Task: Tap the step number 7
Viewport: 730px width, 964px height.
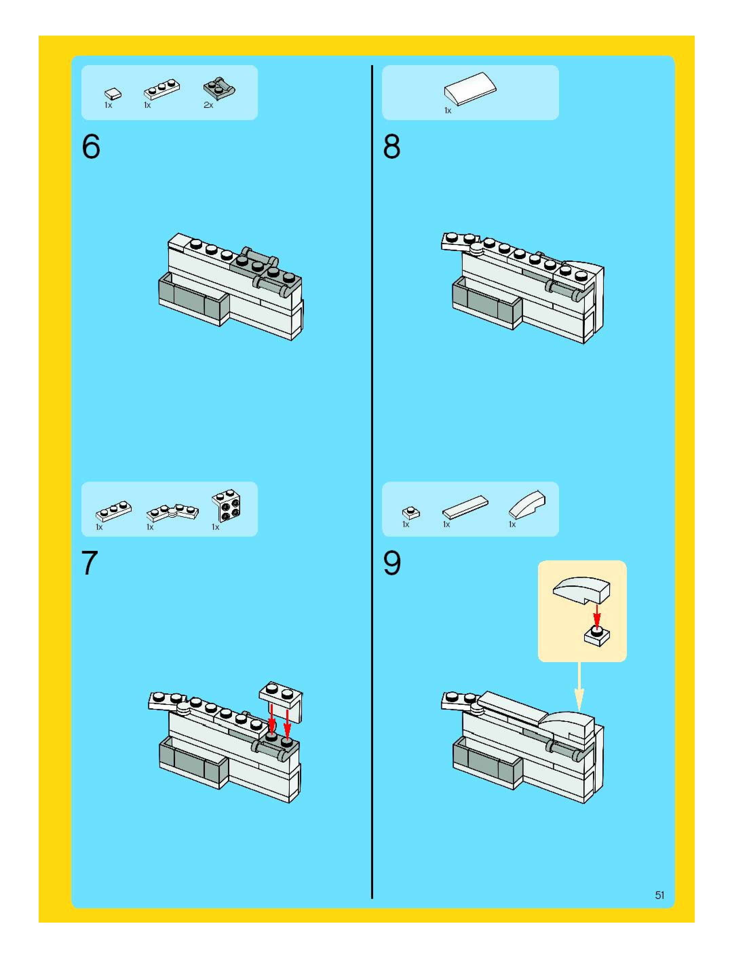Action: click(90, 563)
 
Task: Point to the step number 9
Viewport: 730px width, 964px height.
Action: click(391, 563)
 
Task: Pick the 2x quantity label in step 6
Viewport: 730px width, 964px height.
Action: click(208, 105)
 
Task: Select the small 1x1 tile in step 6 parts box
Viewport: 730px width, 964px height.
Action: click(113, 93)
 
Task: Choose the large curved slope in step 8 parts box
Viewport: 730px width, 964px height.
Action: click(470, 89)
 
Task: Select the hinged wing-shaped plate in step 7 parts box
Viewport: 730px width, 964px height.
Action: click(172, 512)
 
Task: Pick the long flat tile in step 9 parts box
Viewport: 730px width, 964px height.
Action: click(465, 506)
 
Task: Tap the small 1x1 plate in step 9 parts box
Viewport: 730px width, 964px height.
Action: click(411, 513)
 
